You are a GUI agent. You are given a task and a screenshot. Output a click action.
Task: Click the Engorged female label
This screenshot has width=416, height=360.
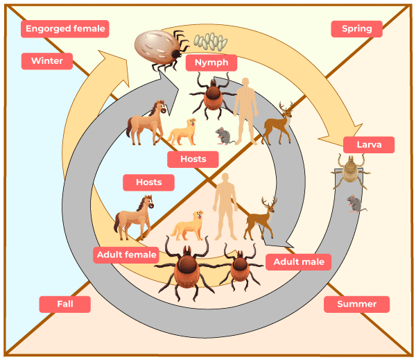click(x=66, y=28)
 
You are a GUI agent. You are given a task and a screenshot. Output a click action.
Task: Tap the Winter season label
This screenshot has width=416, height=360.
click(x=46, y=60)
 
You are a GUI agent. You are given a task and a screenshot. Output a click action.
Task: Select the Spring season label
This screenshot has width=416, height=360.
click(x=356, y=28)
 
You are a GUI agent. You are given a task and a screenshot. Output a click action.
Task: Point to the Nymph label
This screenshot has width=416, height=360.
click(x=211, y=62)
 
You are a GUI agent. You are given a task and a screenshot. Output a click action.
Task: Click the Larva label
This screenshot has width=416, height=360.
click(x=369, y=145)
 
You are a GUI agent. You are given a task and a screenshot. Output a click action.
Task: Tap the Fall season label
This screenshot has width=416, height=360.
click(x=64, y=304)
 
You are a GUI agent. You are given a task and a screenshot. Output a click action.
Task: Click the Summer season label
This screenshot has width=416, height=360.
click(x=356, y=304)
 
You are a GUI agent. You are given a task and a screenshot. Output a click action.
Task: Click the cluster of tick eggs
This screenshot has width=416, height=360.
click(x=210, y=42)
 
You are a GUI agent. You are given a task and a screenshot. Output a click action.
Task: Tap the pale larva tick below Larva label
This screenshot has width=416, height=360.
click(x=353, y=169)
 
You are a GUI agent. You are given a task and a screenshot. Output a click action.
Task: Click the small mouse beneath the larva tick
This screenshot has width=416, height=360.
click(x=354, y=203)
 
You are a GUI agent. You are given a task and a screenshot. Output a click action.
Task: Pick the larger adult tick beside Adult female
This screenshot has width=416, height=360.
click(x=188, y=268)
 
